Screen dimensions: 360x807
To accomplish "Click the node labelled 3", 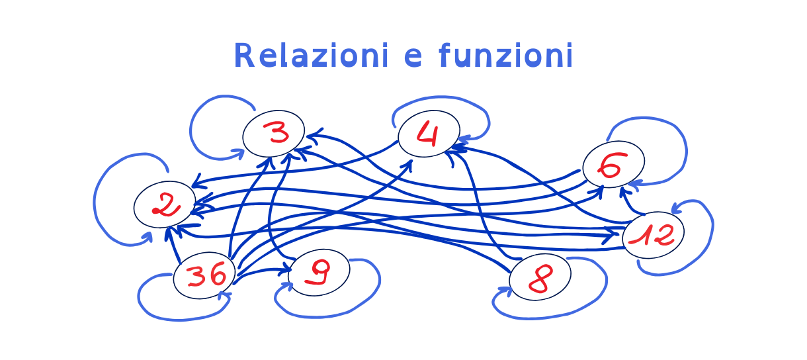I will (x=273, y=134).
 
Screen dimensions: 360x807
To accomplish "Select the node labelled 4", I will (x=429, y=134).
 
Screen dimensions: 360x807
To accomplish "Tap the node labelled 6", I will (x=613, y=164).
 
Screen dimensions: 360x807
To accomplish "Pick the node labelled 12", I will (x=653, y=235).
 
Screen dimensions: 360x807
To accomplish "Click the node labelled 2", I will (x=165, y=204).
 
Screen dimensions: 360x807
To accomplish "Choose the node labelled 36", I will (x=204, y=275).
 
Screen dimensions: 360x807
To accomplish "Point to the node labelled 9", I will (x=319, y=273).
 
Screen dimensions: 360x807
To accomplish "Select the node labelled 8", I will (x=540, y=277).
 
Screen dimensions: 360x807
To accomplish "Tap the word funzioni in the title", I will (x=505, y=56).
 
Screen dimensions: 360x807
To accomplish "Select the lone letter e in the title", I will (x=412, y=57).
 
